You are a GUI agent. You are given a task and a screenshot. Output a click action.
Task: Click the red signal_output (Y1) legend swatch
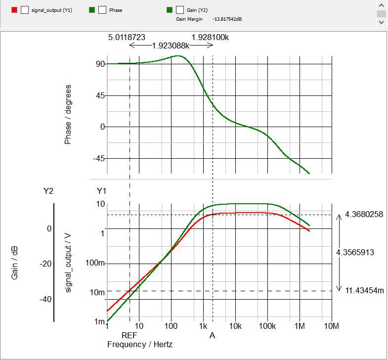tap(14, 9)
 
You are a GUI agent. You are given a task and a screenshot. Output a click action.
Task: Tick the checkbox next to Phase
tap(102, 9)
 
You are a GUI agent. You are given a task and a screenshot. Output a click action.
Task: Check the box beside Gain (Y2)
tap(180, 9)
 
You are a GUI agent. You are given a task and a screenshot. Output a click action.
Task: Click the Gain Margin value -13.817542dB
tap(227, 19)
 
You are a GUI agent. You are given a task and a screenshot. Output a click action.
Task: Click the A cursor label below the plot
tap(213, 335)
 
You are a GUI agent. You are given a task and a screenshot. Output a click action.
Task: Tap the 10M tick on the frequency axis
tap(331, 326)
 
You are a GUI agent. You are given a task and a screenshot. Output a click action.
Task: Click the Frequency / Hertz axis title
tap(140, 344)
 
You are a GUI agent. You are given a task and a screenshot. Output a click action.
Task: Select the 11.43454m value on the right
tap(364, 290)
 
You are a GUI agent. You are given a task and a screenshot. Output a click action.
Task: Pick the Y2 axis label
tap(48, 191)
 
